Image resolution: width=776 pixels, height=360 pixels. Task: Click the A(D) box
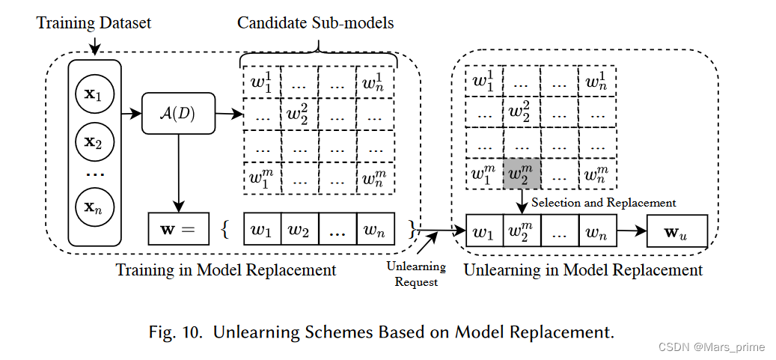tap(178, 114)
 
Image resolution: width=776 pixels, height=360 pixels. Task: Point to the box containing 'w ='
tap(178, 230)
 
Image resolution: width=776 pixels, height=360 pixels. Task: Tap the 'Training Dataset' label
tap(94, 23)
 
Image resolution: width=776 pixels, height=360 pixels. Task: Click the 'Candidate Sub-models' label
tap(315, 23)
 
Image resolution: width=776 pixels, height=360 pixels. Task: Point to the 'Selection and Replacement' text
tap(603, 203)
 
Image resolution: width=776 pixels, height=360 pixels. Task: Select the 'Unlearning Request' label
tap(416, 274)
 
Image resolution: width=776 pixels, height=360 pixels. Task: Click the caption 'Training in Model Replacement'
tap(226, 270)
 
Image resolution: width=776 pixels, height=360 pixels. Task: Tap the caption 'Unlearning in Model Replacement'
tap(584, 270)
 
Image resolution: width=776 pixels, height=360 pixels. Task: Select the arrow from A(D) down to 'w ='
tap(178, 172)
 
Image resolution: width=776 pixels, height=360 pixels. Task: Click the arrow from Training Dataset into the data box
tap(94, 45)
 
